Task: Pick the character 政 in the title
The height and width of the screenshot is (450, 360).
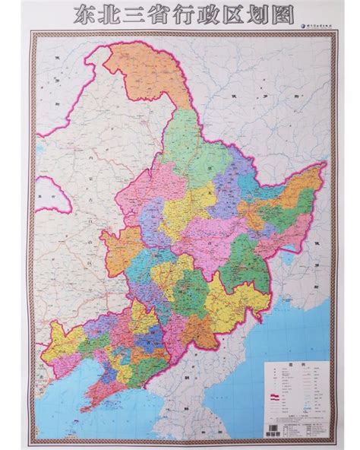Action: [x=204, y=13]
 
